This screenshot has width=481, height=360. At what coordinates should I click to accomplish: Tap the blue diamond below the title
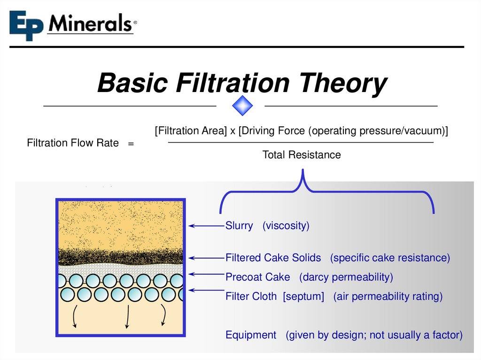[x=242, y=106]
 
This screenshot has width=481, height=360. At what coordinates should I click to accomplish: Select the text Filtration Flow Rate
[x=73, y=143]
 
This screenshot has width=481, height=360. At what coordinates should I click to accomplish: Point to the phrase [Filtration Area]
[x=191, y=131]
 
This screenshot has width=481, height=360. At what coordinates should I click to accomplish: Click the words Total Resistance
[x=301, y=155]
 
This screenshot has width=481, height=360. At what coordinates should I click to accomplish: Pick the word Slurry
[x=239, y=226]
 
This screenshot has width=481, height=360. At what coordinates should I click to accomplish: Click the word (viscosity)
[x=286, y=226]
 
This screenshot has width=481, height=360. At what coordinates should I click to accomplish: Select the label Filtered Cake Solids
[x=273, y=258]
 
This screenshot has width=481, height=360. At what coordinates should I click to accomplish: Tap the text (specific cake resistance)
[x=390, y=258]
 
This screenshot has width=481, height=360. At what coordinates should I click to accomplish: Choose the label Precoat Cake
[x=258, y=277]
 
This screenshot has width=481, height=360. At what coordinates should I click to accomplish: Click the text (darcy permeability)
[x=346, y=277]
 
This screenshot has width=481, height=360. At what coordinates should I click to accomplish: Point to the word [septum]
[x=303, y=296]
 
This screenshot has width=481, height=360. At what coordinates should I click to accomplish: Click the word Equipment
[x=251, y=335]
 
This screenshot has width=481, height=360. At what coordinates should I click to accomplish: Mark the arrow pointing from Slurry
[x=207, y=226]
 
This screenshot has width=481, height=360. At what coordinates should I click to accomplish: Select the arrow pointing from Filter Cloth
[x=207, y=291]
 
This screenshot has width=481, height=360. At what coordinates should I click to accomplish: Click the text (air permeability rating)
[x=388, y=296]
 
